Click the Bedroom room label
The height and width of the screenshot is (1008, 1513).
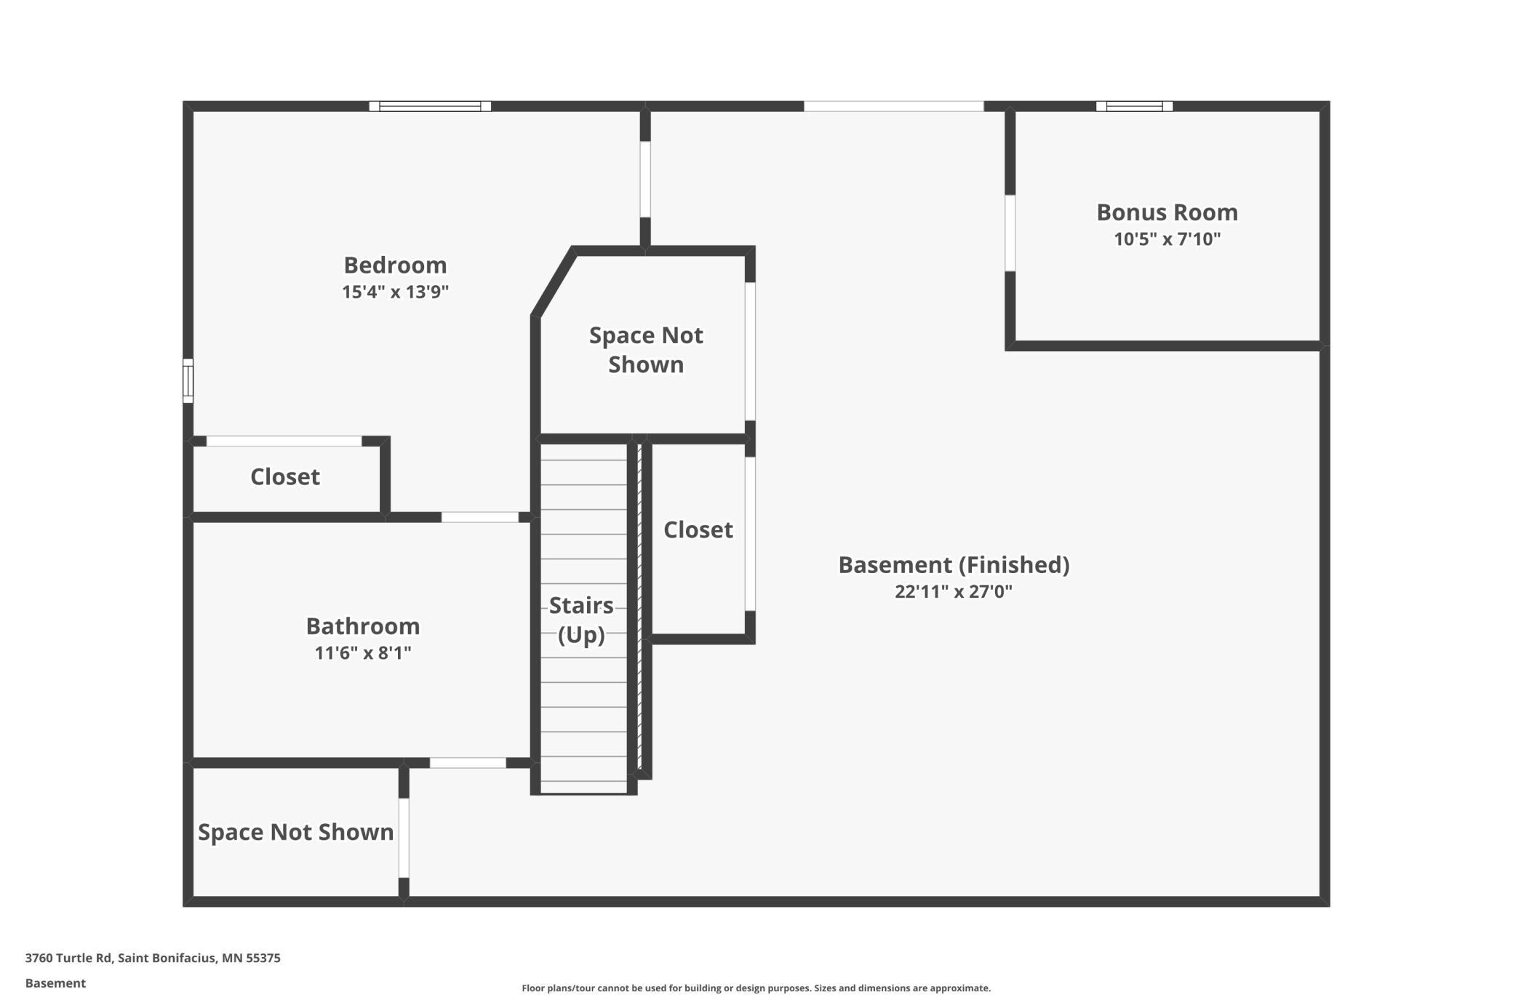(395, 265)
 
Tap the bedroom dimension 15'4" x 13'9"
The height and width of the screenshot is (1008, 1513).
(395, 292)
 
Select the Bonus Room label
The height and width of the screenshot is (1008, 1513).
(1167, 212)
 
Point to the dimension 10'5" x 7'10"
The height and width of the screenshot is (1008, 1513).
(1167, 239)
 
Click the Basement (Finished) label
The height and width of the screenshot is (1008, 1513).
(954, 565)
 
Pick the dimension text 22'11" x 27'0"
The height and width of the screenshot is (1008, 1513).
(954, 591)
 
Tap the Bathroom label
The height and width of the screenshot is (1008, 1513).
(362, 626)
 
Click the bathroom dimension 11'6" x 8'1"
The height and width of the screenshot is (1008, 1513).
(362, 653)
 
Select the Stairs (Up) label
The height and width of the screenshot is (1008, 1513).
(581, 620)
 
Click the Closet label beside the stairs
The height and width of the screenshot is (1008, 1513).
(698, 529)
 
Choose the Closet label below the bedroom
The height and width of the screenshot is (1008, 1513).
(285, 477)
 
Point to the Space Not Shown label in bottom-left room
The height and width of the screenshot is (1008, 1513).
(295, 832)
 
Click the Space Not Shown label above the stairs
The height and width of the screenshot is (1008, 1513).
(646, 350)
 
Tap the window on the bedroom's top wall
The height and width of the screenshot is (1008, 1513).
(430, 106)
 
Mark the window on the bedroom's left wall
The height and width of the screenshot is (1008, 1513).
(188, 380)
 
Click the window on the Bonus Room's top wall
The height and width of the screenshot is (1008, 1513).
(1134, 106)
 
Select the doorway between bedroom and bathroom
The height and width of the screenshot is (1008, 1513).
(480, 517)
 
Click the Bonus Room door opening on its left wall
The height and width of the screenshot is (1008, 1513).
(1010, 233)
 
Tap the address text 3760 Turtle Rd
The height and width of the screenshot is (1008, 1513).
(68, 958)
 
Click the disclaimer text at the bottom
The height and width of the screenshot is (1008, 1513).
(756, 988)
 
